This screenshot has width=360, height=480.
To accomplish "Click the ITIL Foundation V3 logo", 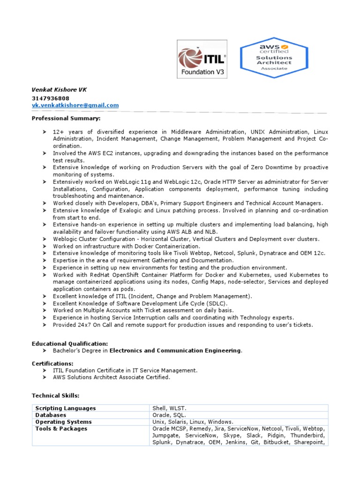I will [x=202, y=59].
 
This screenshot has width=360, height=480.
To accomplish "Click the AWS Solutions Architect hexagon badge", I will [x=273, y=57].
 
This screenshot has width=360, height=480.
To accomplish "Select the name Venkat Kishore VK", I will [x=59, y=90].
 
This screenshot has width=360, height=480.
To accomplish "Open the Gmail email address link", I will [x=75, y=105].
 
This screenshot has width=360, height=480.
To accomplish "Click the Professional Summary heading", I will [x=66, y=118].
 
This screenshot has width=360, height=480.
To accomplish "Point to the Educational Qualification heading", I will [x=70, y=344].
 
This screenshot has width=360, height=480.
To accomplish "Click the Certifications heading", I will [x=52, y=363].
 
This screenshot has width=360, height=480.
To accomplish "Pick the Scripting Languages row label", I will [x=66, y=408].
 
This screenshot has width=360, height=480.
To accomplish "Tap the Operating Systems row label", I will [x=64, y=422].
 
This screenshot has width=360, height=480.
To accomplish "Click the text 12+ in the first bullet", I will [x=58, y=132].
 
